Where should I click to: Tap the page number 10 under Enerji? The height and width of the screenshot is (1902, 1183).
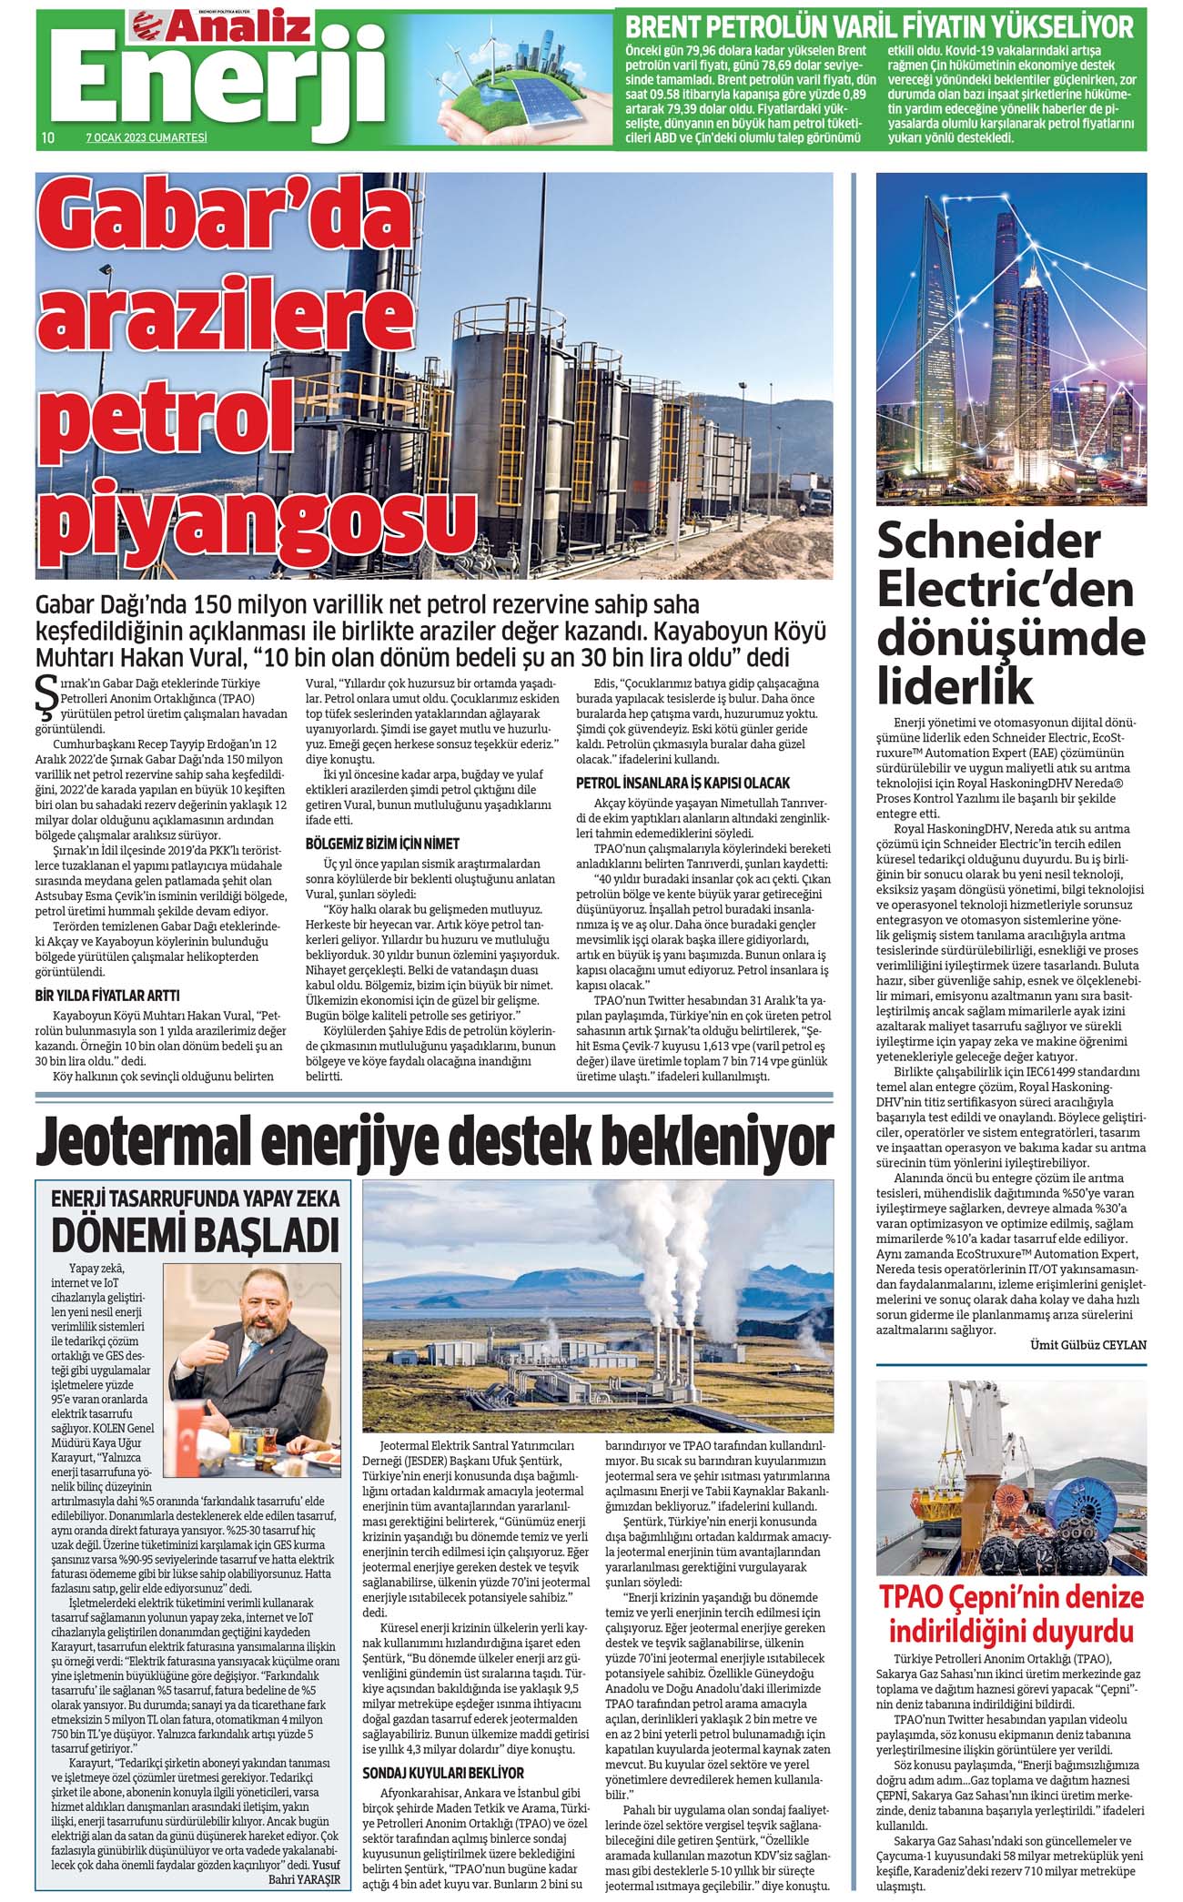pyautogui.click(x=48, y=137)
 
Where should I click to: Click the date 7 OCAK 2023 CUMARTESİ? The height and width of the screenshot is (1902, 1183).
pyautogui.click(x=147, y=137)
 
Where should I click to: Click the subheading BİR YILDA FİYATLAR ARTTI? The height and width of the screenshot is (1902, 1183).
pyautogui.click(x=106, y=995)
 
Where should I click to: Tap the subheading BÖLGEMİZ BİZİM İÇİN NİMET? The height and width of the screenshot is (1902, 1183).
pyautogui.click(x=382, y=844)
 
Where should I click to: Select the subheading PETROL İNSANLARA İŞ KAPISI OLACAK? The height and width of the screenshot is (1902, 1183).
pyautogui.click(x=682, y=783)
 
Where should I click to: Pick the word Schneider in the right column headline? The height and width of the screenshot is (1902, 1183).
pyautogui.click(x=988, y=543)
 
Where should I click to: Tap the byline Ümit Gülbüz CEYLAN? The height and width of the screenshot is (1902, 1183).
pyautogui.click(x=1087, y=1345)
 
